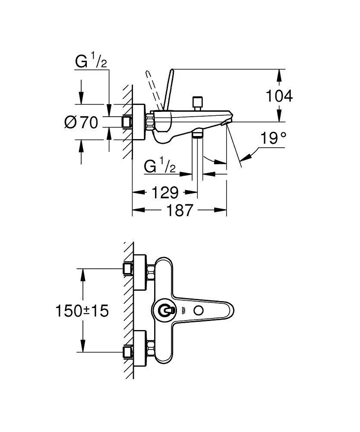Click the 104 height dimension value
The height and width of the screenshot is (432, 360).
(279, 96)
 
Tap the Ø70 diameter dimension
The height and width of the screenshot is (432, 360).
(81, 123)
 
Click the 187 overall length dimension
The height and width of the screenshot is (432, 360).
(180, 210)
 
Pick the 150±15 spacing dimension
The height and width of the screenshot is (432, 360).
(82, 310)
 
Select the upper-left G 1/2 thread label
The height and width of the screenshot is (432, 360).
(91, 62)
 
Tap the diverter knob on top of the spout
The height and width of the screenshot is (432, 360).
(199, 103)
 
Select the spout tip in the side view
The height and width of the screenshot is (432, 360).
(229, 121)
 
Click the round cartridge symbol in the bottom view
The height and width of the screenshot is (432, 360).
(165, 310)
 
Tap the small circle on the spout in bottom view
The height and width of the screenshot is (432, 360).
(199, 310)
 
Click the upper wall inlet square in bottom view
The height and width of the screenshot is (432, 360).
(127, 269)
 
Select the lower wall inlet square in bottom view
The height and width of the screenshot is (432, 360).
(127, 351)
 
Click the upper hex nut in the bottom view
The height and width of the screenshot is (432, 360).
(151, 273)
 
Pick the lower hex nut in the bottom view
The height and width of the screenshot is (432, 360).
(151, 346)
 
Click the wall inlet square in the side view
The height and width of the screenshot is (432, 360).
(126, 122)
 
